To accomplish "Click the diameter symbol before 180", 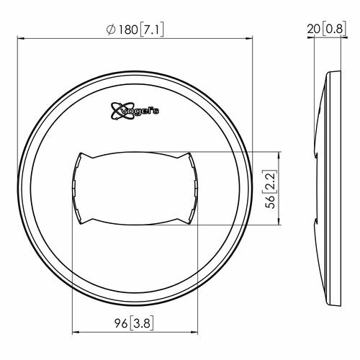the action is point(111,30).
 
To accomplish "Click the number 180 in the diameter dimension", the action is point(128,30).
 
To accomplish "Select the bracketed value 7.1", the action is point(152,30).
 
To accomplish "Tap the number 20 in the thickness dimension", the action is point(314,29).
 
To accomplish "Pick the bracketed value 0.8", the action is point(334,30).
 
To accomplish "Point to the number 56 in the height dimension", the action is point(270,202).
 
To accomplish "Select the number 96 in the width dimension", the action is point(121,323).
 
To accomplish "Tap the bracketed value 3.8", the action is point(142,323).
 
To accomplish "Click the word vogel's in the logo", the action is point(140,111).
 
